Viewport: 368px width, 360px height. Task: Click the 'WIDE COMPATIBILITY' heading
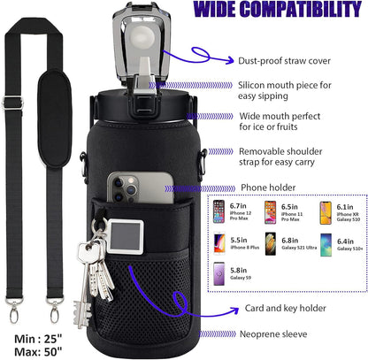pyautogui.click(x=278, y=9)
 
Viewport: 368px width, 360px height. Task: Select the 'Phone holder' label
pyautogui.click(x=268, y=188)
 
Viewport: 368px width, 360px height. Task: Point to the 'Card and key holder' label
pyautogui.click(x=286, y=309)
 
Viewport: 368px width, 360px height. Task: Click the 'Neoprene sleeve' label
pyautogui.click(x=273, y=334)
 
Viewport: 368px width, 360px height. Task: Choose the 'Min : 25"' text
pyautogui.click(x=38, y=339)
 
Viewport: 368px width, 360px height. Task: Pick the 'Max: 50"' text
pyautogui.click(x=38, y=351)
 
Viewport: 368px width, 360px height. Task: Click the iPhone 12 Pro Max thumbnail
pyautogui.click(x=218, y=211)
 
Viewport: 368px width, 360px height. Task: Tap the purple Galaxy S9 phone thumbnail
pyautogui.click(x=219, y=274)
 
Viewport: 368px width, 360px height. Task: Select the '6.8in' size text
pyautogui.click(x=290, y=241)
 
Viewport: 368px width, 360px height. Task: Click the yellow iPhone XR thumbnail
pyautogui.click(x=326, y=213)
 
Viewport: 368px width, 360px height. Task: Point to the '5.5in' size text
pyautogui.click(x=239, y=241)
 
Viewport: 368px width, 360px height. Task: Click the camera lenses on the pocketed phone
pyautogui.click(x=124, y=188)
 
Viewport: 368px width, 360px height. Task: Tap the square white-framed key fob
pyautogui.click(x=125, y=237)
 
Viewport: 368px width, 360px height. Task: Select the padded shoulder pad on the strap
pyautogui.click(x=55, y=119)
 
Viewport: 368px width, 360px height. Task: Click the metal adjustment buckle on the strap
pyautogui.click(x=12, y=103)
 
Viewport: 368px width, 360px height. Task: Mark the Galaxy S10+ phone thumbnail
pyautogui.click(x=326, y=245)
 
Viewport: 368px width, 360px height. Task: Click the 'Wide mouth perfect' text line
pyautogui.click(x=280, y=116)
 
